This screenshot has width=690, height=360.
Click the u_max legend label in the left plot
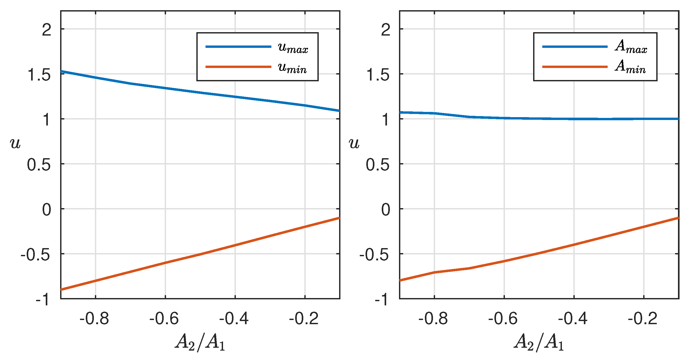pos(293,48)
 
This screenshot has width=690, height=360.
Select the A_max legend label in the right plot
pos(631,47)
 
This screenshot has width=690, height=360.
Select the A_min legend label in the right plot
pos(630,67)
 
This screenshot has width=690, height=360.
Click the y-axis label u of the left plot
pos(15,143)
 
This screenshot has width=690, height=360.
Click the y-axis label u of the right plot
pos(354,143)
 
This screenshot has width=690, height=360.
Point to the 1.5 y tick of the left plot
pos(39,75)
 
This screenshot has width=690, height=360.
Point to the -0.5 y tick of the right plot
pos(374,255)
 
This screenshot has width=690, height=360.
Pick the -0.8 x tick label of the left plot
pos(94,319)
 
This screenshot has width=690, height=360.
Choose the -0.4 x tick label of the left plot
pos(234,319)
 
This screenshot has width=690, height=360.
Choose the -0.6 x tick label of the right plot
pos(503,319)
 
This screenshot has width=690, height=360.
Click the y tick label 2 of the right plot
pos(385,30)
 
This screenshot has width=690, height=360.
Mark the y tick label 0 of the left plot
pos(47,210)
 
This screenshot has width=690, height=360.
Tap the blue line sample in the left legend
pos(238,47)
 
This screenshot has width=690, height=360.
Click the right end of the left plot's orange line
pos(339,218)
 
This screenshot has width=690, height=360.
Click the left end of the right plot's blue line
pos(400,112)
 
